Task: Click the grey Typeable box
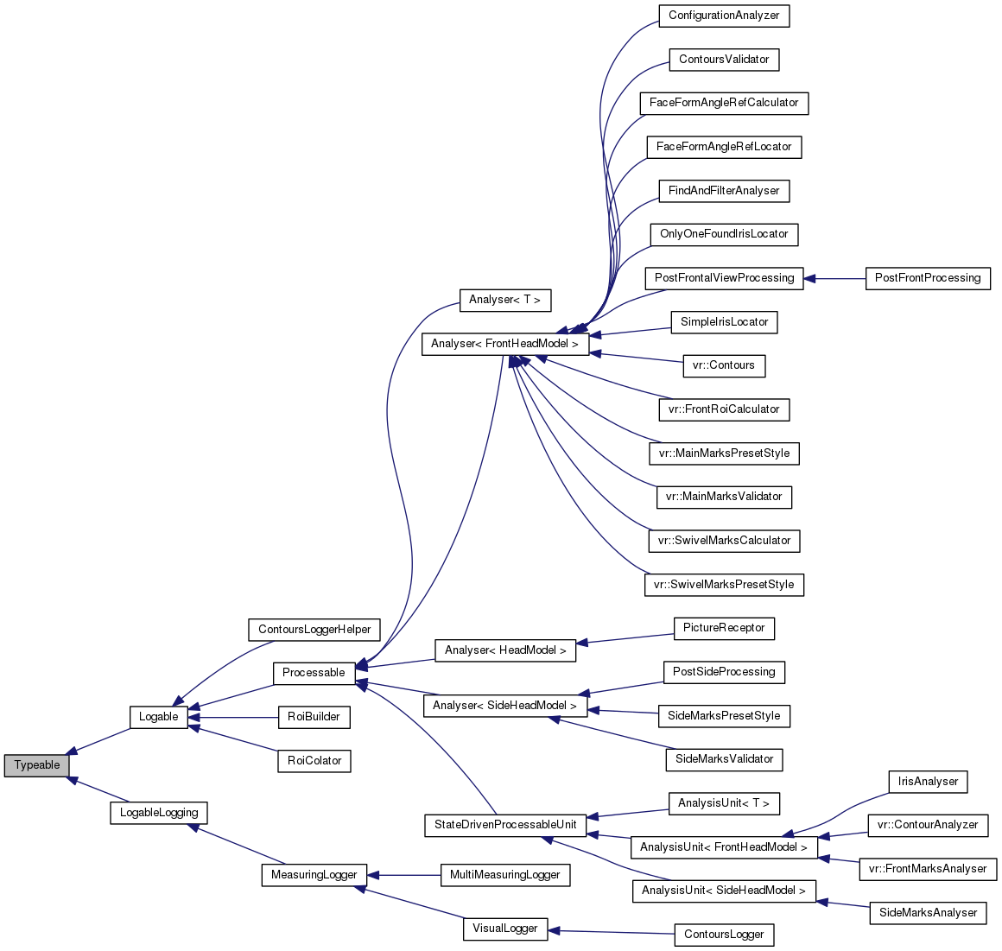point(36,765)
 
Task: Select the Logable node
point(159,717)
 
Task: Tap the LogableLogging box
point(159,813)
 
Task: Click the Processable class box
point(314,673)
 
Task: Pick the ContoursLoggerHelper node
point(314,630)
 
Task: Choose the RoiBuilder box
point(314,717)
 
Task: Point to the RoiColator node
point(314,761)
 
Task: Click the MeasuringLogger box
point(314,875)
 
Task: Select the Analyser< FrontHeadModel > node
point(504,344)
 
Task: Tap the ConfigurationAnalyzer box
point(724,16)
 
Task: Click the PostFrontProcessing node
point(928,278)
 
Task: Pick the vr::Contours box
point(724,365)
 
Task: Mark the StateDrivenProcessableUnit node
point(505,825)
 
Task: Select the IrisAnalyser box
point(928,782)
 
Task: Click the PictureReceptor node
point(724,628)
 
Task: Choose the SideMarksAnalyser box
point(928,913)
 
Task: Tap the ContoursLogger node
point(724,935)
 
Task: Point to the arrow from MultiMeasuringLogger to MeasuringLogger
point(403,875)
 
